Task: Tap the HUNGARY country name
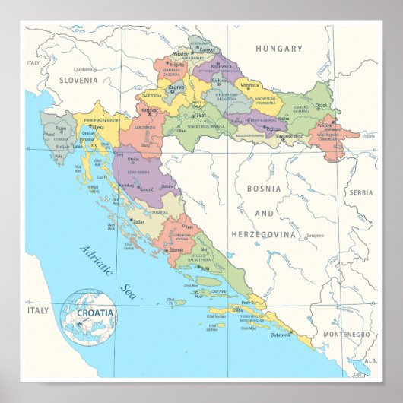click(278, 49)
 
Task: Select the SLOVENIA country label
click(79, 79)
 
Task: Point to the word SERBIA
click(361, 192)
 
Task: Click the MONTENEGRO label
click(344, 335)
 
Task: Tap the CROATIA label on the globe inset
click(94, 313)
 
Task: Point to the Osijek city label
click(320, 106)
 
